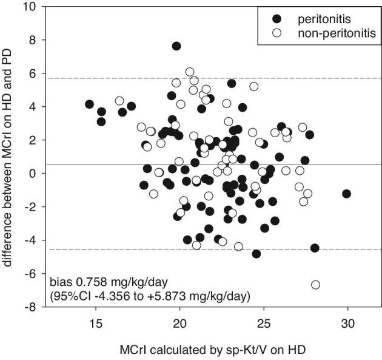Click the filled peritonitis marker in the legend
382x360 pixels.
[276, 19]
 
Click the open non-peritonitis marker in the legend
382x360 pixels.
[276, 33]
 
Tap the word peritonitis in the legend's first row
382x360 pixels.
[324, 19]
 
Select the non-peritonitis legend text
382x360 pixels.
[337, 33]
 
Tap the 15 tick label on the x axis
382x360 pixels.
[96, 324]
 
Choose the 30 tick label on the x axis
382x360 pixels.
[347, 324]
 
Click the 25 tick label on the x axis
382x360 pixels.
[264, 324]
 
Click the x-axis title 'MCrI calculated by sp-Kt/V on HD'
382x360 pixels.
[212, 350]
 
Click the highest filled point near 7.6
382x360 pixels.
[176, 46]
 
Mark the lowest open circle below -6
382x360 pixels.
[315, 285]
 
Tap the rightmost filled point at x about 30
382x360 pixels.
[346, 194]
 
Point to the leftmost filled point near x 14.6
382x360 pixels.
[89, 104]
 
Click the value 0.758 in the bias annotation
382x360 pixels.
[92, 282]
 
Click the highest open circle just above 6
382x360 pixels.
[190, 72]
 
